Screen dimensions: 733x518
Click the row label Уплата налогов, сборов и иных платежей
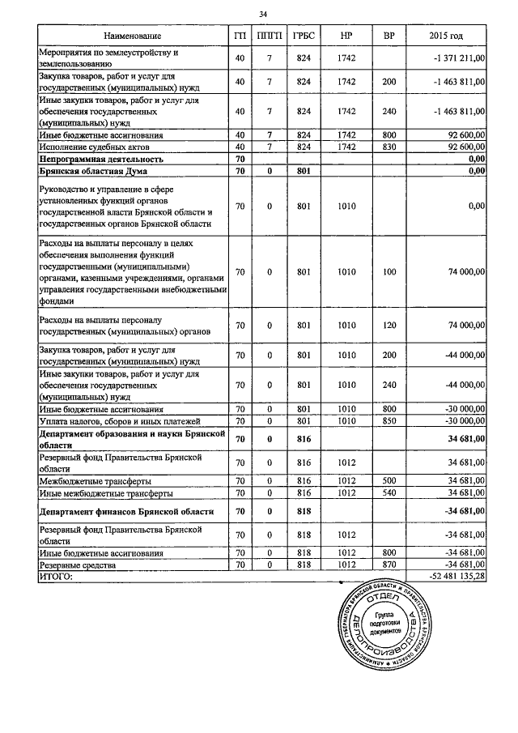pos(114,421)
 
